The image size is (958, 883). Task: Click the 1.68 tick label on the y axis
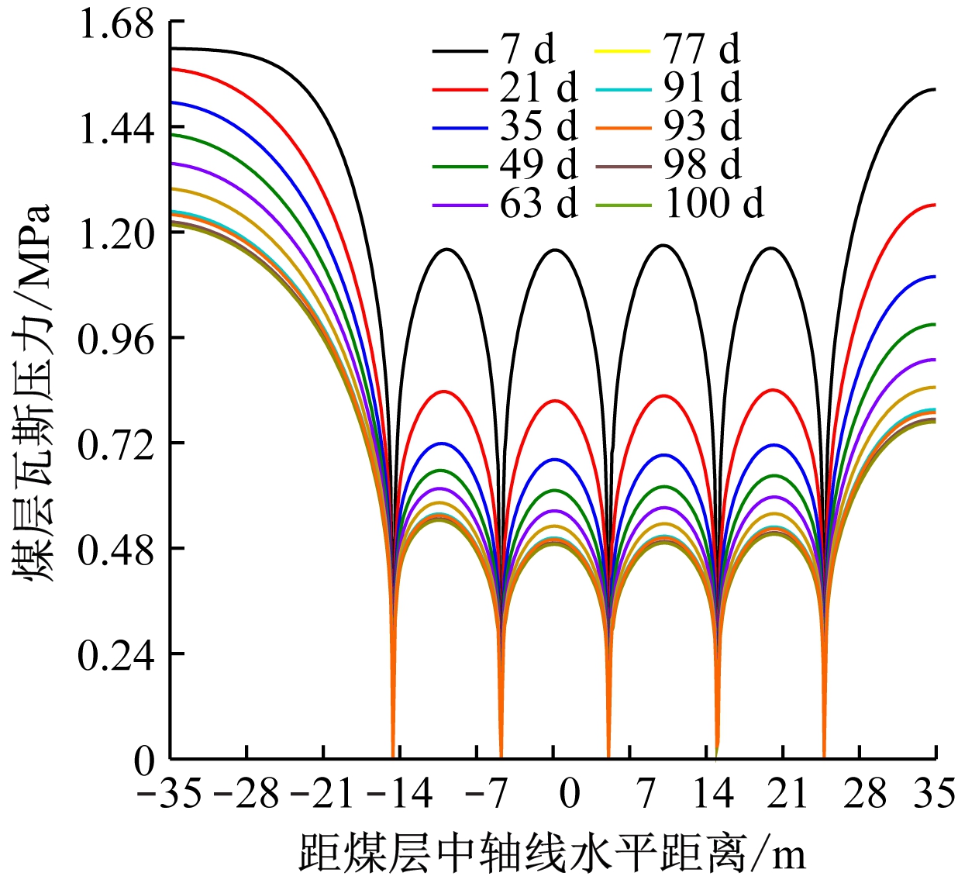coord(116,25)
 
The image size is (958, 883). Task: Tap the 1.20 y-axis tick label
coord(116,234)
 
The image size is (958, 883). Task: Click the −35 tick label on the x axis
coord(169,794)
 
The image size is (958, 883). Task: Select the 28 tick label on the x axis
coord(864,794)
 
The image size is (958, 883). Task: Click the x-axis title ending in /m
coord(552,853)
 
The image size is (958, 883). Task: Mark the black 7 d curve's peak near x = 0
coord(555,250)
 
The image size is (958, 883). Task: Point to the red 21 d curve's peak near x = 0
coord(555,401)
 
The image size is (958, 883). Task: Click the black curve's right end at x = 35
coord(935,90)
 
